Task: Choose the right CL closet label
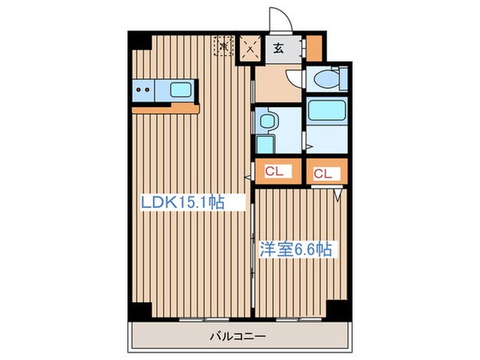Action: (x=323, y=172)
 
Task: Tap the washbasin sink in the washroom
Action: (x=266, y=122)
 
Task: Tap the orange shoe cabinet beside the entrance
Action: (x=314, y=49)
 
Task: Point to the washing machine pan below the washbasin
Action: (x=264, y=145)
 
